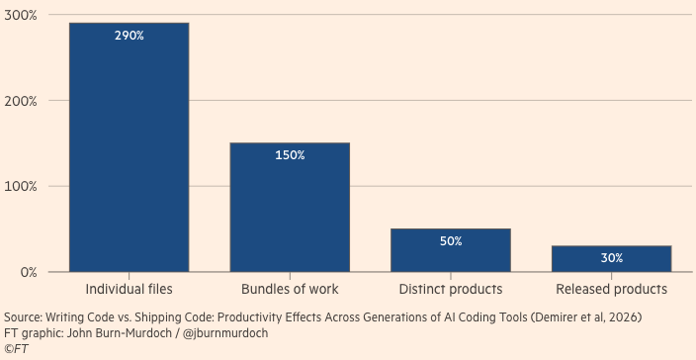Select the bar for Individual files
tap(130, 147)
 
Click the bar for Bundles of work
tap(290, 207)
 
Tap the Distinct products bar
tap(451, 250)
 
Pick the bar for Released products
tap(611, 258)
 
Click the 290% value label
tap(130, 36)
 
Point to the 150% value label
tap(290, 155)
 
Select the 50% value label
tap(451, 241)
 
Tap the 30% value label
tap(612, 258)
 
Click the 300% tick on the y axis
tap(20, 15)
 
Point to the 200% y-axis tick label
tap(20, 101)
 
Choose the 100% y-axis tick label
tap(21, 187)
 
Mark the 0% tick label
tap(29, 272)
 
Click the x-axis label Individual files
tap(129, 290)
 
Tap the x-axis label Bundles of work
tap(290, 290)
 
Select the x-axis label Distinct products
tap(451, 290)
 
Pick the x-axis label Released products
tap(612, 290)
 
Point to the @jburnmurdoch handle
tap(225, 333)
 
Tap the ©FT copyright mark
tap(16, 349)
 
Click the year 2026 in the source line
tap(625, 317)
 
